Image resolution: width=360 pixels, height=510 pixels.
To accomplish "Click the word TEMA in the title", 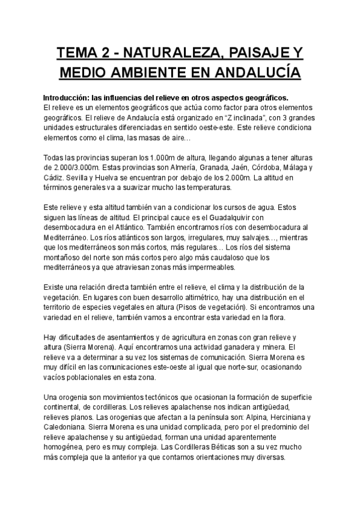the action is click(76, 54).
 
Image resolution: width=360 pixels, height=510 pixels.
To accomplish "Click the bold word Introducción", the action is click(67, 97).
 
